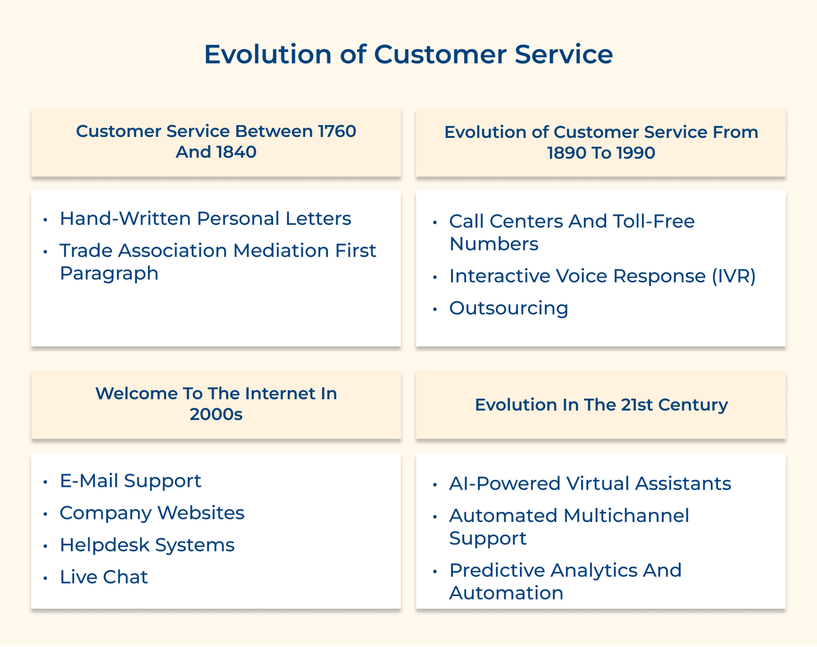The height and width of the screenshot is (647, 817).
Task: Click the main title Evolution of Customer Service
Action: click(408, 54)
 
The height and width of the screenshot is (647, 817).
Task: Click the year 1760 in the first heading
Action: click(337, 131)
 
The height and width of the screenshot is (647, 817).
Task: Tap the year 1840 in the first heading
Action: click(235, 152)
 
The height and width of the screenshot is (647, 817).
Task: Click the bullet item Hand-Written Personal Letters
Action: click(205, 219)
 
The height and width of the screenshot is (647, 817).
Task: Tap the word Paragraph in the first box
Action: click(109, 273)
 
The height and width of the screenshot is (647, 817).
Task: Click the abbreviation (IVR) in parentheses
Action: click(734, 276)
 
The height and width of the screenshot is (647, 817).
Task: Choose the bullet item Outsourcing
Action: click(509, 308)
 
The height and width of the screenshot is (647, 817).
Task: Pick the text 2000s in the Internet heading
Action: click(216, 414)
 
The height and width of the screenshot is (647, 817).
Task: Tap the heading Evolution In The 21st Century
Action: click(601, 405)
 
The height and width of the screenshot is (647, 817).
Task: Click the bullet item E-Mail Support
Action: click(130, 481)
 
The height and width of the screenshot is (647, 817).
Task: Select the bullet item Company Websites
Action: click(152, 513)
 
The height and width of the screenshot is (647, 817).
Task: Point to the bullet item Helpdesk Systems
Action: click(147, 545)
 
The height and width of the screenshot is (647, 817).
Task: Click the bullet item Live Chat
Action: click(104, 578)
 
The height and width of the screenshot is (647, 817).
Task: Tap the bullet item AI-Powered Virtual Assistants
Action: click(590, 484)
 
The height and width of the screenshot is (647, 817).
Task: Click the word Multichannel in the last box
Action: click(626, 516)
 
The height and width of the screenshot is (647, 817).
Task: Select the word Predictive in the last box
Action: click(492, 570)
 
